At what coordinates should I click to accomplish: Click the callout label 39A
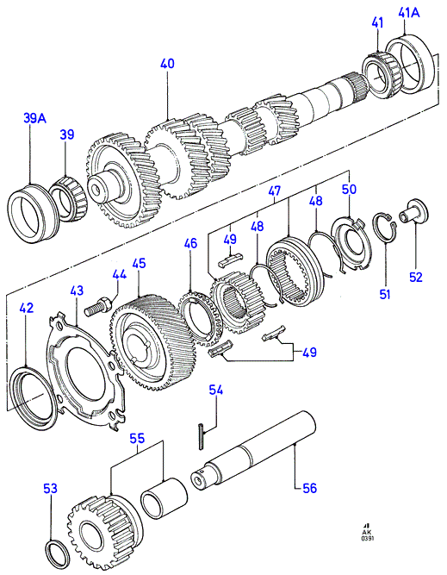point(34,118)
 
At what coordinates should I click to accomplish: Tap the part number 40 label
point(167,64)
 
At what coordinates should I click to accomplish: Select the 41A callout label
point(409,13)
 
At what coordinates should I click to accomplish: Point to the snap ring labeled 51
point(384,228)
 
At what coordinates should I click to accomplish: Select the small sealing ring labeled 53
point(59,553)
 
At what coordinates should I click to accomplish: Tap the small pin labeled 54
point(202,435)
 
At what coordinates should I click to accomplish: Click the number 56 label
point(309,488)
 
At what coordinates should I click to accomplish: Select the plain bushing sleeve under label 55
point(165,498)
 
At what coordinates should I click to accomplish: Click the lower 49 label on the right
point(309,353)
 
